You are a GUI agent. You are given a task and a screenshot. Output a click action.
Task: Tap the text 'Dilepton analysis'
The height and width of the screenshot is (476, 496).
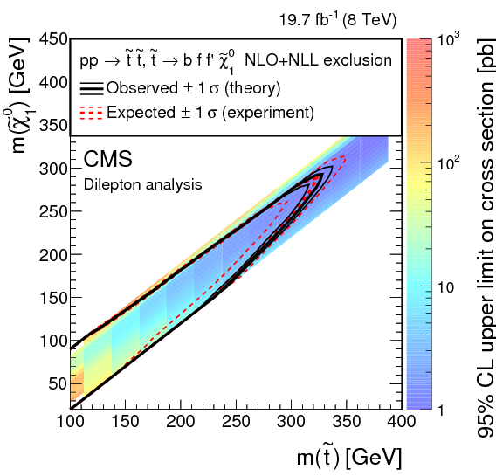[x=142, y=184]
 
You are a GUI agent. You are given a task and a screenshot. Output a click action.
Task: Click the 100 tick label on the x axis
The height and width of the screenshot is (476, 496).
[x=69, y=422]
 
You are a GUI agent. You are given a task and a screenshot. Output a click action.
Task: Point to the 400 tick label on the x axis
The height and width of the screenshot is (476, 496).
[x=399, y=422]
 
